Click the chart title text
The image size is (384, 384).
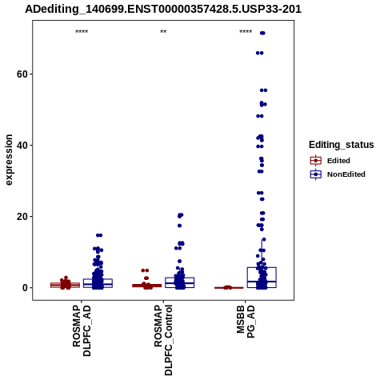[163, 9]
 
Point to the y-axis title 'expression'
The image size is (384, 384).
[9, 160]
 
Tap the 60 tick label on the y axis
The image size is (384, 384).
[22, 74]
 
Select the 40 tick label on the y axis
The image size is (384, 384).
[22, 146]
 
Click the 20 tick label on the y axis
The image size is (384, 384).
[22, 217]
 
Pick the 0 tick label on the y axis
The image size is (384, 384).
[25, 288]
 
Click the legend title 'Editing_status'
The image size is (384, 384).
[342, 145]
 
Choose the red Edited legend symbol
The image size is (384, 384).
[316, 161]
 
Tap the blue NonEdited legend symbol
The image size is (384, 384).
[316, 174]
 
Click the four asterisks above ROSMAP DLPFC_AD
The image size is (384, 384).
[82, 32]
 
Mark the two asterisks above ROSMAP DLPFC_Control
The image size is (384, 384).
[163, 32]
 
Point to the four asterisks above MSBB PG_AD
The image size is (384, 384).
[246, 32]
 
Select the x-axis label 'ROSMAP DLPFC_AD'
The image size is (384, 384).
[82, 330]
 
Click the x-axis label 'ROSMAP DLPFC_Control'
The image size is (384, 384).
[163, 340]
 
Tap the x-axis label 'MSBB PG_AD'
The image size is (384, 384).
[246, 322]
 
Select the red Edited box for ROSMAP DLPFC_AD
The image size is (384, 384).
[65, 285]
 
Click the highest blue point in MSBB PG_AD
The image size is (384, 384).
[262, 33]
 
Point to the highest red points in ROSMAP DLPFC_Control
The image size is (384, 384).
[145, 270]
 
